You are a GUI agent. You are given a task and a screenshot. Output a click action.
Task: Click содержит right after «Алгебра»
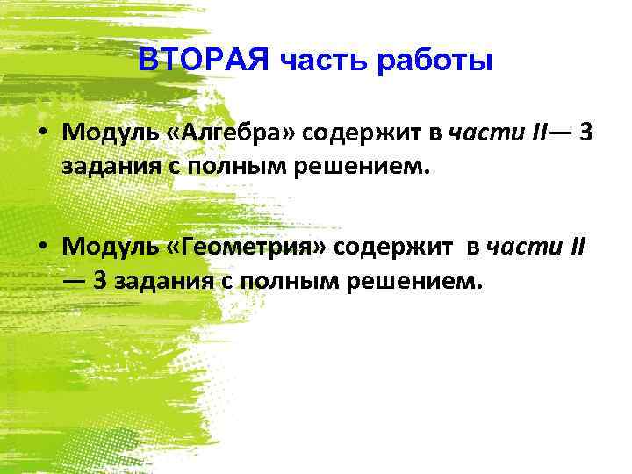click(355, 133)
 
